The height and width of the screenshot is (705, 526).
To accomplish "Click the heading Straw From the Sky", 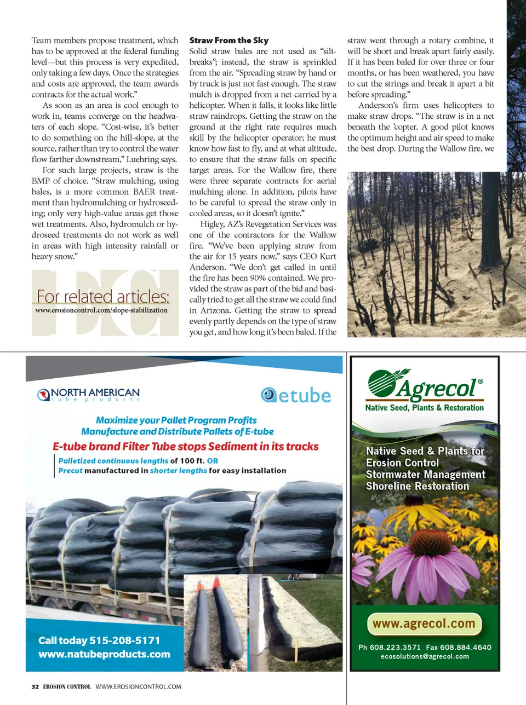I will pyautogui.click(x=229, y=40).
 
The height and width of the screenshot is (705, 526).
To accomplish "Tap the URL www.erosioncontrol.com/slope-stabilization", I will pyautogui.click(x=101, y=310).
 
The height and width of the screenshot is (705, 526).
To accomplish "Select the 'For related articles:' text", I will pyautogui.click(x=103, y=296).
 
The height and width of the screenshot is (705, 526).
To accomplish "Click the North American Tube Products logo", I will pyautogui.click(x=89, y=395).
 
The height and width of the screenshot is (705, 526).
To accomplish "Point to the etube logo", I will pyautogui.click(x=296, y=395).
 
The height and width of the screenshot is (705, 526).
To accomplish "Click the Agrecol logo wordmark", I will pyautogui.click(x=437, y=388).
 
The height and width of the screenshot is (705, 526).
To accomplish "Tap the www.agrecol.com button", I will pyautogui.click(x=424, y=623).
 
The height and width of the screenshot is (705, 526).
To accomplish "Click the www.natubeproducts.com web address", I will pyautogui.click(x=104, y=654).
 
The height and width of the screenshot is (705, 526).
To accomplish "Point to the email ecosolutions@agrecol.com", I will pyautogui.click(x=425, y=656).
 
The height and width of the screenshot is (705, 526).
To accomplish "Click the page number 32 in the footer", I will pyautogui.click(x=35, y=686).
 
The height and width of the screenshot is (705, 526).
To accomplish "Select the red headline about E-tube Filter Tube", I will pyautogui.click(x=186, y=446).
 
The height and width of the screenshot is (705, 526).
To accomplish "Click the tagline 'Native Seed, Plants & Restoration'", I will pyautogui.click(x=425, y=407).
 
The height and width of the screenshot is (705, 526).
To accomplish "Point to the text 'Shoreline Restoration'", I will pyautogui.click(x=418, y=486).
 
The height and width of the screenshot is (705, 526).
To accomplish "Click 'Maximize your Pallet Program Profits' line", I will pyautogui.click(x=176, y=420).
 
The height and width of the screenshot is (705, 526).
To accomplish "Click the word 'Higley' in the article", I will pyautogui.click(x=212, y=224).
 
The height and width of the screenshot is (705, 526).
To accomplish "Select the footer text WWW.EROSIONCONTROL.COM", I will pyautogui.click(x=138, y=686).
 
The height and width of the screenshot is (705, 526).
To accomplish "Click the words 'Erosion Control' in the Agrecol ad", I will pyautogui.click(x=402, y=463).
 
